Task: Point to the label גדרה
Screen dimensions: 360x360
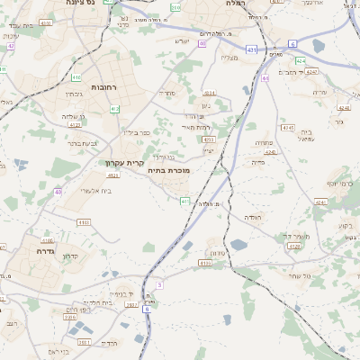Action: point(46,241)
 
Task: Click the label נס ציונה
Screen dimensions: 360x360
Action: point(83,4)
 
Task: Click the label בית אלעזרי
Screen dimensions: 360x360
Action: point(94,190)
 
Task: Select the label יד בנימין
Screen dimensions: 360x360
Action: point(121,292)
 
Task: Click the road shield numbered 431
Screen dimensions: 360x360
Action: point(251,49)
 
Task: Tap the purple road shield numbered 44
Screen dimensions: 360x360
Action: point(265,78)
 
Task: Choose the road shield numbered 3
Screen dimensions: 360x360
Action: point(159,284)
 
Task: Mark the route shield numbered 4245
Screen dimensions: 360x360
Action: point(288,129)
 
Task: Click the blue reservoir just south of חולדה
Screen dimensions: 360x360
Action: point(238,244)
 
